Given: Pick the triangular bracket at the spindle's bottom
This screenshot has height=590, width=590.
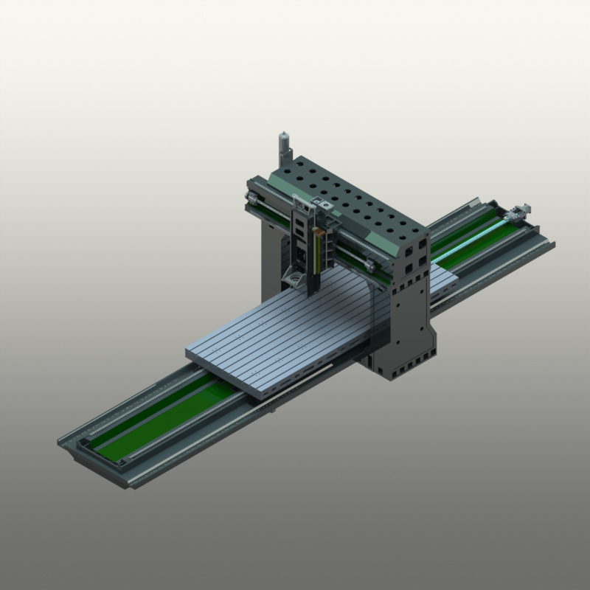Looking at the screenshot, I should point(294,279).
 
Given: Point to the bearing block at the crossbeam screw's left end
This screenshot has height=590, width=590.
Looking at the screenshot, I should point(253,197).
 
